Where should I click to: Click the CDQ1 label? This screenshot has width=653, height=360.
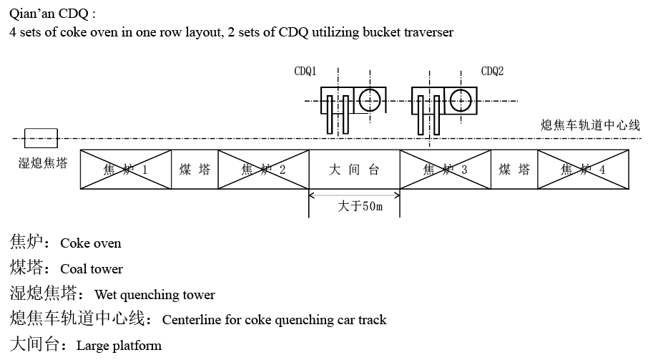(x=305, y=72)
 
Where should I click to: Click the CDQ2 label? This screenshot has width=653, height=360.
(x=492, y=72)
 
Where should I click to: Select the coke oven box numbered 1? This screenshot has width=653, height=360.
(x=126, y=170)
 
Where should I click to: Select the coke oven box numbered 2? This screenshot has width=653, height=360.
(x=263, y=170)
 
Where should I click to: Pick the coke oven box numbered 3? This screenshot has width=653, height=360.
(x=445, y=170)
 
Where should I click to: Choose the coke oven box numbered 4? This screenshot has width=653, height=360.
(x=583, y=170)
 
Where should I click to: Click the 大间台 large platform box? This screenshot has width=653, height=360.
(x=354, y=170)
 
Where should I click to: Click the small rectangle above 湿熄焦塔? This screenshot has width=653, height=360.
(x=41, y=138)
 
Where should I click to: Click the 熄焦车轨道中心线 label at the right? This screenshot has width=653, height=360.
(x=590, y=125)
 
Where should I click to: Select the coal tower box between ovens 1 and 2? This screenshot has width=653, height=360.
(x=195, y=170)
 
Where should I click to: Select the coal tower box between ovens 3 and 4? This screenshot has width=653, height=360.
(x=514, y=170)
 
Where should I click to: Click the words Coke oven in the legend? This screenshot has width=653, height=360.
(x=91, y=243)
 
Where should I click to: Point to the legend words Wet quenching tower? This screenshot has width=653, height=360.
(x=154, y=295)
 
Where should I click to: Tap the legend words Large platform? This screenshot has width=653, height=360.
(x=119, y=346)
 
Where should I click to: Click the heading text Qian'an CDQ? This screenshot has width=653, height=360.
(x=51, y=14)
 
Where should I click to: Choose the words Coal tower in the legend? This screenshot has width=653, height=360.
(x=92, y=269)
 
